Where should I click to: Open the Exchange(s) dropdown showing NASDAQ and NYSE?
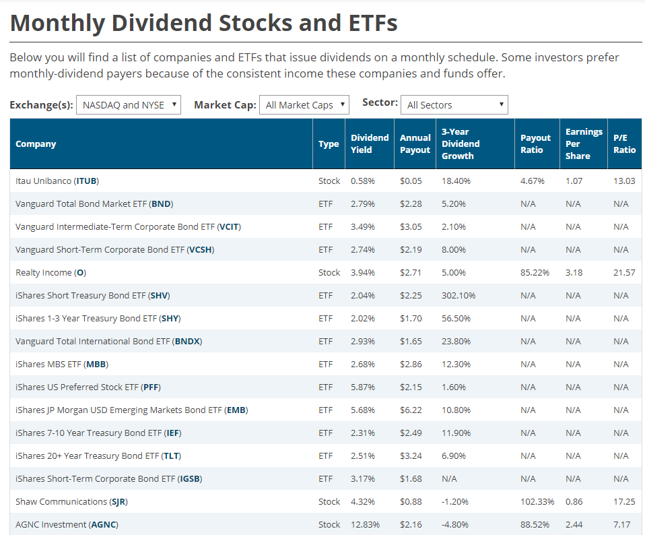pyautogui.click(x=129, y=104)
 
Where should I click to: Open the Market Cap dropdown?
pyautogui.click(x=304, y=104)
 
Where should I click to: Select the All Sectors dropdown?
pyautogui.click(x=454, y=104)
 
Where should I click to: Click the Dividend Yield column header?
pyautogui.click(x=369, y=144)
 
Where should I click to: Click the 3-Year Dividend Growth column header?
pyautogui.click(x=461, y=144)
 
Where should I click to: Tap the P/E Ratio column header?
pyautogui.click(x=624, y=144)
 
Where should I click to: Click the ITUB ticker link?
pyautogui.click(x=87, y=181)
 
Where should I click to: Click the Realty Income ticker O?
pyautogui.click(x=80, y=272)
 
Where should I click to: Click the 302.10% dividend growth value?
pyautogui.click(x=459, y=295)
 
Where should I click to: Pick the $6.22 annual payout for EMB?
pyautogui.click(x=411, y=410)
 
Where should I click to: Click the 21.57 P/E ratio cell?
pyautogui.click(x=624, y=272)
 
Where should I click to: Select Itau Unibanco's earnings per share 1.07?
pyautogui.click(x=574, y=181)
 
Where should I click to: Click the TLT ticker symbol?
pyautogui.click(x=171, y=455)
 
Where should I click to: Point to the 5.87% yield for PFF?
pyautogui.click(x=362, y=387)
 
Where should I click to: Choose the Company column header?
pyautogui.click(x=36, y=144)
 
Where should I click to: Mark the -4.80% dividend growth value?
pyautogui.click(x=455, y=524)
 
